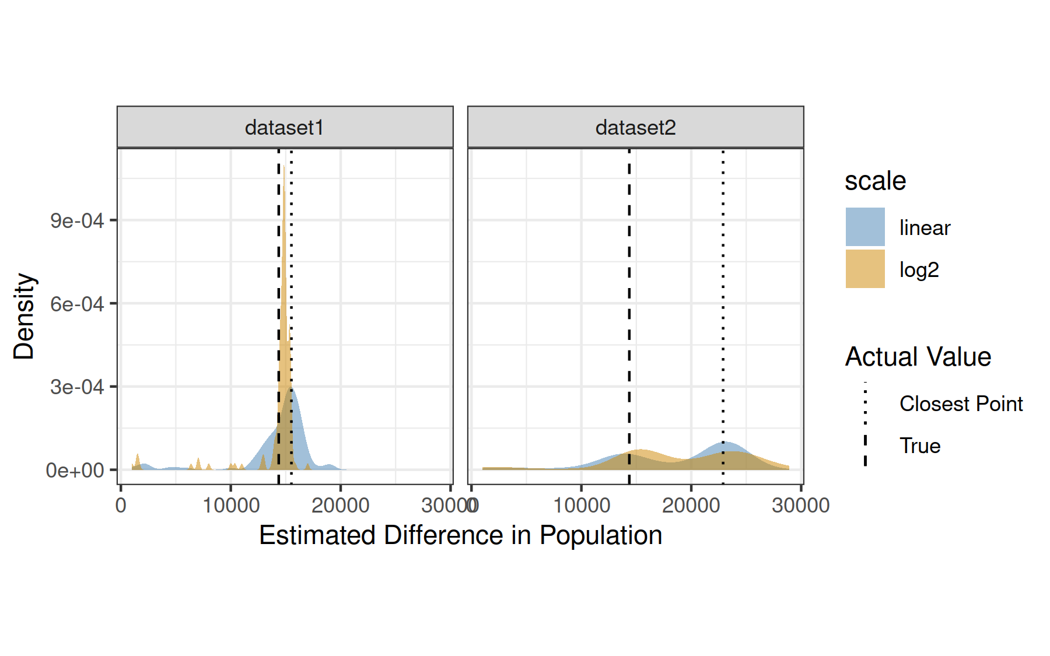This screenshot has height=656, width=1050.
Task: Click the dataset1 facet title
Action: point(284,128)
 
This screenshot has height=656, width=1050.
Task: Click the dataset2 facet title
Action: point(635,128)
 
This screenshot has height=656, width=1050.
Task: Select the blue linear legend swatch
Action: point(865,227)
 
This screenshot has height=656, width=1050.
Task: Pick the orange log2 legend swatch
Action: point(865,269)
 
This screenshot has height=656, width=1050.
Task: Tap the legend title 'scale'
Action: point(875,181)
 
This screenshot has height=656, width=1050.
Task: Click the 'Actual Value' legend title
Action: point(918,357)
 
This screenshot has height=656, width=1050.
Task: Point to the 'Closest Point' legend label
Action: point(961,404)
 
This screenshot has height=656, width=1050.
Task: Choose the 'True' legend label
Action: point(920,446)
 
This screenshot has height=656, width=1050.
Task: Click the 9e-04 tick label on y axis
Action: point(77,221)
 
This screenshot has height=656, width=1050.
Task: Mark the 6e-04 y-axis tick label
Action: point(77,304)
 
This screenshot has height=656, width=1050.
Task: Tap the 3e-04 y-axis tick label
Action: point(77,387)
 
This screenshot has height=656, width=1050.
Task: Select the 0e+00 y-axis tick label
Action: point(75,470)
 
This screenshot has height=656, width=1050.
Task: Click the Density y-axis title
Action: point(24,316)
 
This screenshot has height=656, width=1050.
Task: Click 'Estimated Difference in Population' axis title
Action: point(460,535)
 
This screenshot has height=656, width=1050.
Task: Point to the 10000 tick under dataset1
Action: point(231,505)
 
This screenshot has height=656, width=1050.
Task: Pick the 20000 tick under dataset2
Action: point(691,505)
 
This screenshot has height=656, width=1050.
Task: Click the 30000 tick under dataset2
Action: point(800,505)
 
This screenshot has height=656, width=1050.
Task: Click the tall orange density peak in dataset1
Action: point(284,262)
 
